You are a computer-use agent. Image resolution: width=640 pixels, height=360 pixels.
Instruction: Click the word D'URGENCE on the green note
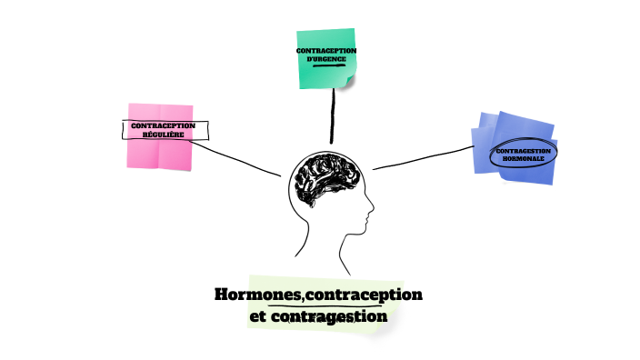coord(325,59)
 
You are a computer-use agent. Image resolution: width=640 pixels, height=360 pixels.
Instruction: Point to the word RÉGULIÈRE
coord(164,135)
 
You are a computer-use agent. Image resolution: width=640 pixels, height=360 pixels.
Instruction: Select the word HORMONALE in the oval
coord(523,158)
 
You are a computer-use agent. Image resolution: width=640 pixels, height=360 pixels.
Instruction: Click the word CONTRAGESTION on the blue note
coord(523,149)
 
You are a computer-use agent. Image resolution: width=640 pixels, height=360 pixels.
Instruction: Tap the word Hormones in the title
coord(249,295)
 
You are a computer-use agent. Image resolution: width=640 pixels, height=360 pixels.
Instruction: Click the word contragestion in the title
coord(335,316)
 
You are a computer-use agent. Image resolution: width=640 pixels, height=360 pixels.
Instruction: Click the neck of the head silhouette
coord(324,244)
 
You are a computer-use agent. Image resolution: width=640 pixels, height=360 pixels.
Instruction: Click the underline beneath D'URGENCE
coord(325,66)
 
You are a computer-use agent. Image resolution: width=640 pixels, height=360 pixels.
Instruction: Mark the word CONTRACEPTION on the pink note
coord(164,125)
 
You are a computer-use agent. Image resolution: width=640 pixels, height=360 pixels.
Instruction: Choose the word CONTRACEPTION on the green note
coord(325,50)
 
